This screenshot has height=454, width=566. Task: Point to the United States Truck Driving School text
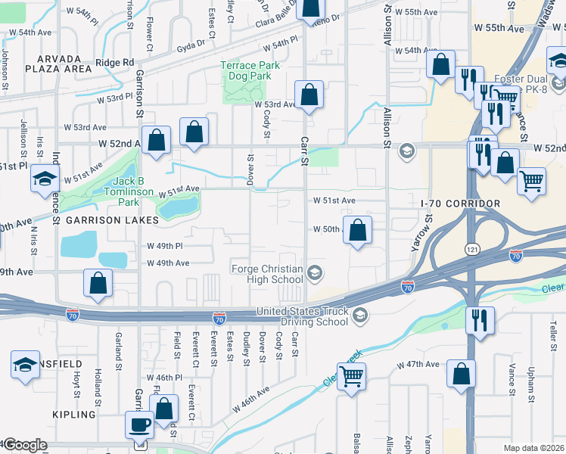303,316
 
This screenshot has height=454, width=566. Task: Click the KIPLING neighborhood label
74,415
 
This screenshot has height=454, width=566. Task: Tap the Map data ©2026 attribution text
533,448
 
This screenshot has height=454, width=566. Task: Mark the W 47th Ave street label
421,364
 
